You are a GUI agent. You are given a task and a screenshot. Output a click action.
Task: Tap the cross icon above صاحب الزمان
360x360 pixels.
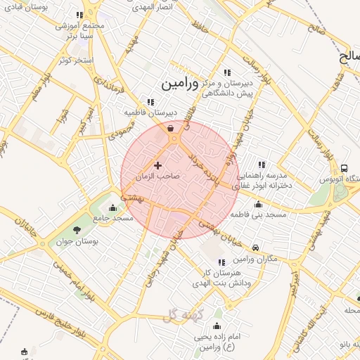[x=157, y=165]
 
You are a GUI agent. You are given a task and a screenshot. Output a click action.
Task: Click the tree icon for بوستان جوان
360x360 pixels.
[x=77, y=229]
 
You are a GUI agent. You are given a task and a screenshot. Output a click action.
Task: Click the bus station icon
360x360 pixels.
[x=345, y=169]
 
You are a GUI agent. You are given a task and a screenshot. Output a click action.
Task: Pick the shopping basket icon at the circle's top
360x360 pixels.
[x=172, y=128]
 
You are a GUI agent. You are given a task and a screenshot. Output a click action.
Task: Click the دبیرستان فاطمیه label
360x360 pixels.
[x=150, y=112]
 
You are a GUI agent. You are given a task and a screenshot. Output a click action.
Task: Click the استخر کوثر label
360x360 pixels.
[x=77, y=60]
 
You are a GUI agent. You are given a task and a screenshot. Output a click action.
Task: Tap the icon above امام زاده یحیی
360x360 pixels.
[x=217, y=326]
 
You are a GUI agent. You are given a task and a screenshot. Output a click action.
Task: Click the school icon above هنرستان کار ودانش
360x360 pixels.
[x=222, y=262]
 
